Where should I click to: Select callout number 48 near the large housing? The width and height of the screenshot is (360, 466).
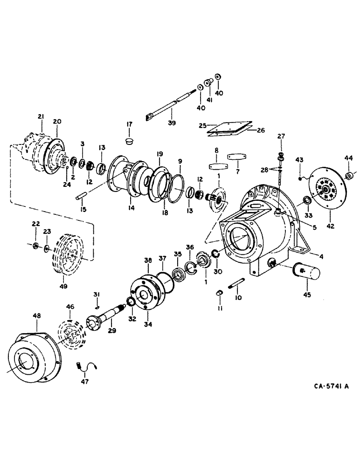click(37, 315)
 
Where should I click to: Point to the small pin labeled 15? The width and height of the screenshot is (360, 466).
click(82, 198)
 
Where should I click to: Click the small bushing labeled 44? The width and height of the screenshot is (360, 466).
click(347, 176)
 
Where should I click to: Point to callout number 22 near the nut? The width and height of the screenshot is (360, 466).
click(36, 225)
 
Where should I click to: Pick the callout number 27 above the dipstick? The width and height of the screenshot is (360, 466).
click(281, 137)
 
